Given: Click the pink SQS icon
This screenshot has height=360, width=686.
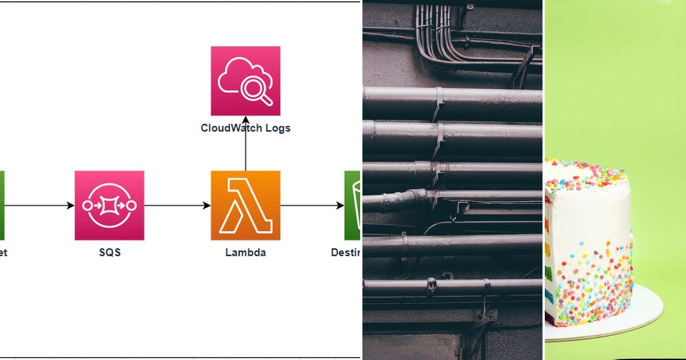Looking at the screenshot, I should click(x=109, y=205).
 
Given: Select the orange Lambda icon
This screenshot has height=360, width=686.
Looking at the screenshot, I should click(x=245, y=205).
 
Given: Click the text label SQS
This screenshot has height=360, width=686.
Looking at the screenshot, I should click(x=109, y=252).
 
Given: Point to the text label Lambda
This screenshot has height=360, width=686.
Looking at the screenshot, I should click(x=245, y=252).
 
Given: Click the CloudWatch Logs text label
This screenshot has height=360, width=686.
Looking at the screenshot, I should click(x=245, y=128).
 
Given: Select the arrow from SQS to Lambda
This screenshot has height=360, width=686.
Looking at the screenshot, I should click(x=177, y=205).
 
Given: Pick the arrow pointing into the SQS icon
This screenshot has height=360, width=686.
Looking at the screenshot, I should click(x=40, y=205).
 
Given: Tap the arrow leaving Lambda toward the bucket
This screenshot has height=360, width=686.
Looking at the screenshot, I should click(x=312, y=205).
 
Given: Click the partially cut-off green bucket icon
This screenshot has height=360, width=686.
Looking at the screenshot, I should click(x=353, y=205).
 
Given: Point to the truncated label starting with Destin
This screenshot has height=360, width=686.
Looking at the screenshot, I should click(x=345, y=252).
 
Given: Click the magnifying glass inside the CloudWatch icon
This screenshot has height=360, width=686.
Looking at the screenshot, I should click(x=256, y=90).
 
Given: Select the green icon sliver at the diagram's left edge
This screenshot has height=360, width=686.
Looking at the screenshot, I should click(x=2, y=205).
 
